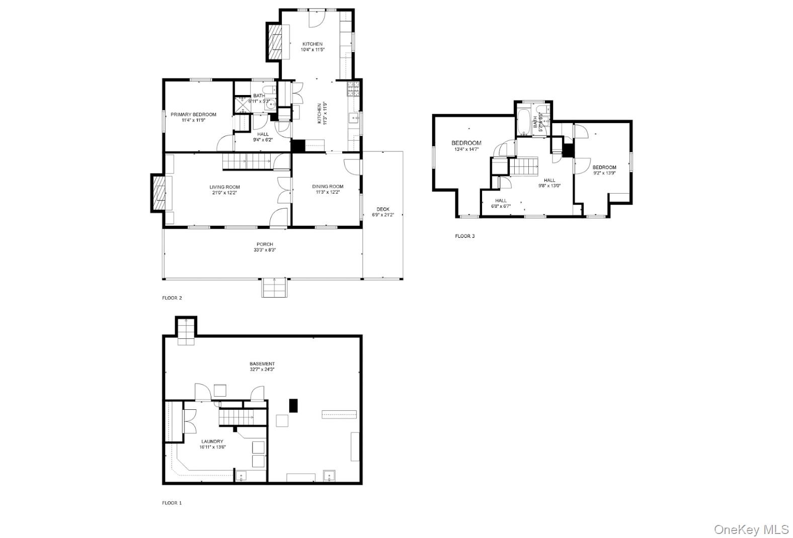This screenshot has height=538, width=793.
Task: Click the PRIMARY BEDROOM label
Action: (193, 115)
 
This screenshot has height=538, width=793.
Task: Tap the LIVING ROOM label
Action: (224, 187)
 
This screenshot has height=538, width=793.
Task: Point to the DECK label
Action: (383, 209)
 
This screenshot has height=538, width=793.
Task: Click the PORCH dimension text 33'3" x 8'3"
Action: (264, 250)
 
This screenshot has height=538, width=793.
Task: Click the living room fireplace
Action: (158, 193)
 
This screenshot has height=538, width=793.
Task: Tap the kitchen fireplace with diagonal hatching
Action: (275, 42)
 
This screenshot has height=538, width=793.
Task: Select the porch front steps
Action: (274, 288)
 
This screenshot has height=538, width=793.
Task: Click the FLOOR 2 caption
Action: (172, 298)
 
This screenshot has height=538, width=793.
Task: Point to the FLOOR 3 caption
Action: (464, 236)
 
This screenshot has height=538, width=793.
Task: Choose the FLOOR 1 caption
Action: (172, 502)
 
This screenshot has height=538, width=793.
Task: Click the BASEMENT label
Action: (262, 364)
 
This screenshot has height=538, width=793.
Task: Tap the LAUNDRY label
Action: (212, 441)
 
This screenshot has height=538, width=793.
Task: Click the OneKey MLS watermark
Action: (751, 529)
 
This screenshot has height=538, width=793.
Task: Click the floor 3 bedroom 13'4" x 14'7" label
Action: (466, 143)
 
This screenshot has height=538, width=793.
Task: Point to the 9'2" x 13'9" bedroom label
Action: (604, 167)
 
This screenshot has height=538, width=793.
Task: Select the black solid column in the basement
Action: (293, 406)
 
